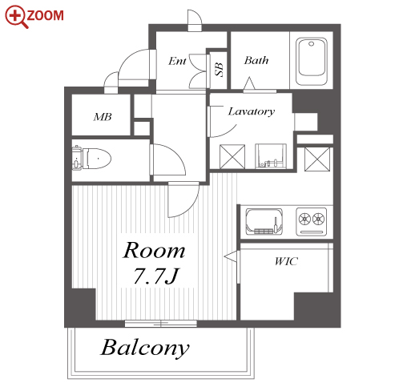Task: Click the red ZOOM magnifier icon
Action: click(16, 17)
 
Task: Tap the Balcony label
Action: click(145, 348)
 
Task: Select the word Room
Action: click(154, 250)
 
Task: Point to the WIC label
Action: click(286, 261)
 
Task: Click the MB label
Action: click(103, 117)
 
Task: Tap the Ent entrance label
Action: click(177, 61)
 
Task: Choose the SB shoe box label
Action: click(219, 70)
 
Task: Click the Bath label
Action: click(256, 60)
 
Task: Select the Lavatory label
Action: click(252, 111)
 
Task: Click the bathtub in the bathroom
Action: click(312, 61)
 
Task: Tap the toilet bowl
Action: click(91, 159)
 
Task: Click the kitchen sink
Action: click(264, 222)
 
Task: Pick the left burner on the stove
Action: click(304, 220)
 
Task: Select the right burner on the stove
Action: click(318, 220)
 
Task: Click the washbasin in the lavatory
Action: click(271, 156)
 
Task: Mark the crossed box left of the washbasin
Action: click(232, 156)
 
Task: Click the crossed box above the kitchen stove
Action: click(317, 159)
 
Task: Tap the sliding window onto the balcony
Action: click(161, 324)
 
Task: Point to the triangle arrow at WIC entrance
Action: click(230, 256)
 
